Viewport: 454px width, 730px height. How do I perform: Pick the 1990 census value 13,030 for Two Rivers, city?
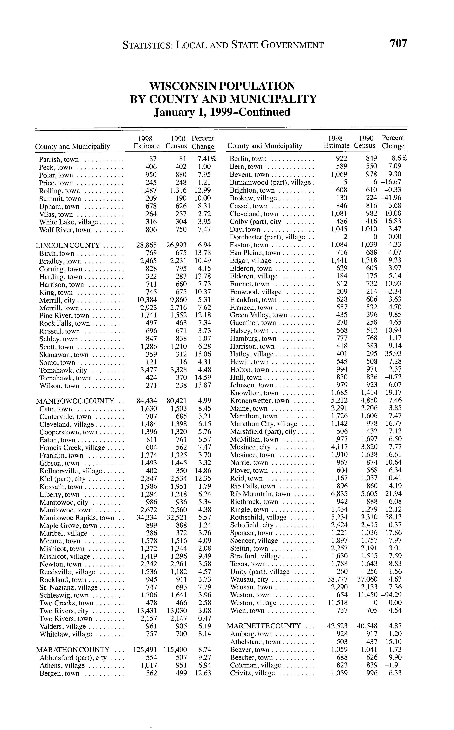tap(177, 611)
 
